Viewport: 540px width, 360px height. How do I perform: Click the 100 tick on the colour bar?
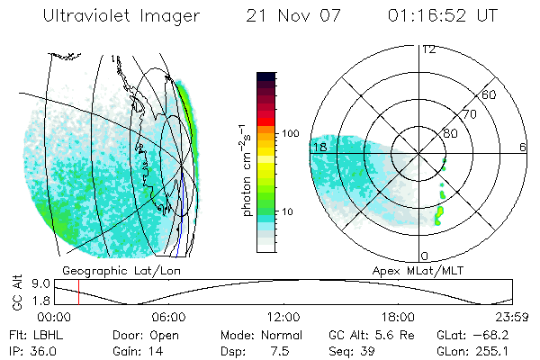coord(290,133)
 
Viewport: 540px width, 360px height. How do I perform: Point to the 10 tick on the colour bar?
coord(288,211)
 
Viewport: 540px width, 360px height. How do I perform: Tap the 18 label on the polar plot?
coord(319,146)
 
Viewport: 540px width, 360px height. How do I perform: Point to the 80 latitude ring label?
coord(451,133)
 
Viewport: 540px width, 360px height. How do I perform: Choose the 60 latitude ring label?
coord(490,94)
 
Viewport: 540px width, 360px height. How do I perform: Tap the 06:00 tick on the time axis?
coord(168,317)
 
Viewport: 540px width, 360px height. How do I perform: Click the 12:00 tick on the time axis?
coord(283,317)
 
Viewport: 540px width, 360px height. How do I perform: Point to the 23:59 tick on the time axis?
coord(510,317)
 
